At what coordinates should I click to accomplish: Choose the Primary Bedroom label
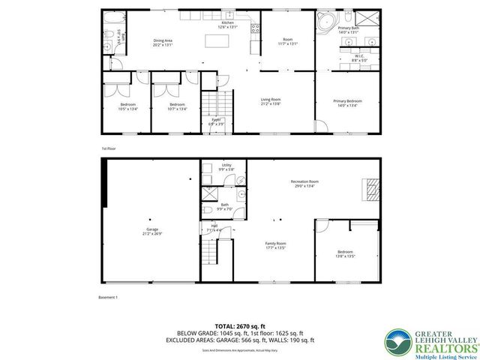[349, 103]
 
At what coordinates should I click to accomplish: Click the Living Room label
[271, 101]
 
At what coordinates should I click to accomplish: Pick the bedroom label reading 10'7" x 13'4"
[177, 106]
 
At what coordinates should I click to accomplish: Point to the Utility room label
[226, 167]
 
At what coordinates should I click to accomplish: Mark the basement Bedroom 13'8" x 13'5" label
[345, 253]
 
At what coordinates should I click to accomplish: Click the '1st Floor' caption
[109, 148]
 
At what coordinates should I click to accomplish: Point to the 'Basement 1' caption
[109, 297]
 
